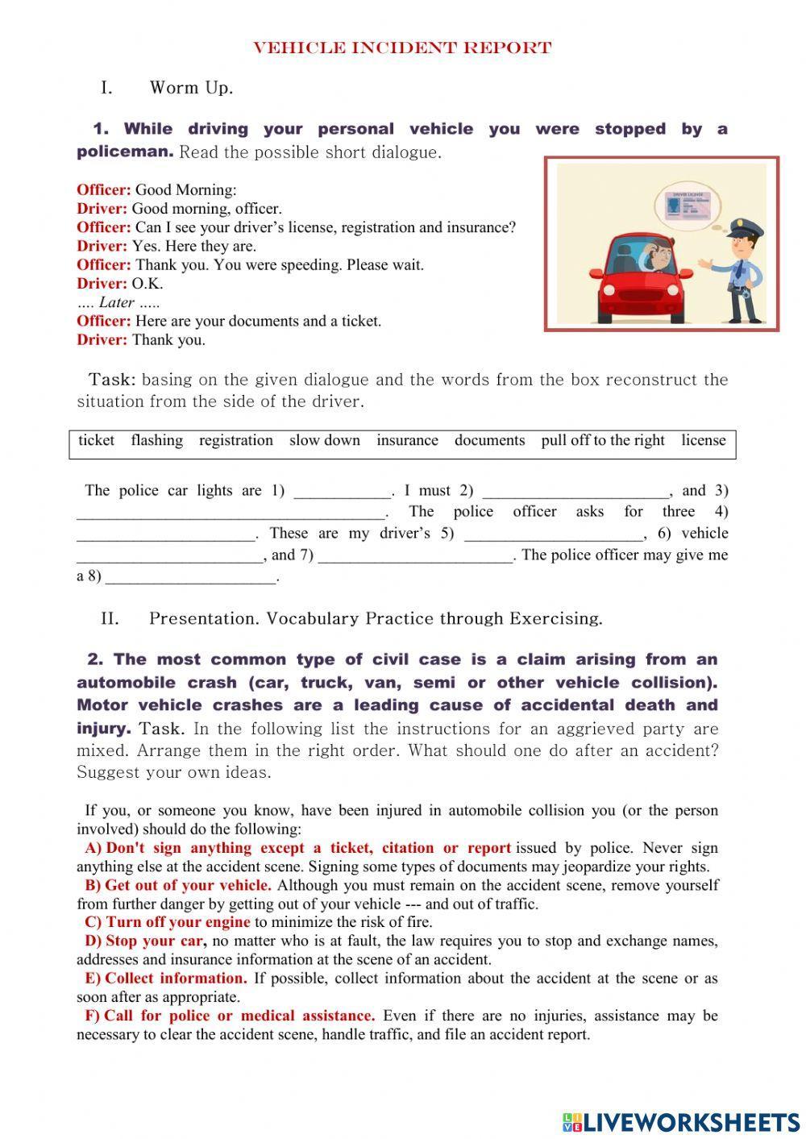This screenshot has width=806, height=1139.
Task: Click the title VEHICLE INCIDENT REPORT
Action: (402, 48)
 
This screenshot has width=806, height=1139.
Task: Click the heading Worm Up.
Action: (191, 88)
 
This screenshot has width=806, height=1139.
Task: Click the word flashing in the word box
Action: (156, 440)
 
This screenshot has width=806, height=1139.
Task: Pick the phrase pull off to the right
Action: (603, 440)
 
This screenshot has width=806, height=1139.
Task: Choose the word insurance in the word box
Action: (407, 440)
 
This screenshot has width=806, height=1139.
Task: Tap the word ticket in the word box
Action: (96, 440)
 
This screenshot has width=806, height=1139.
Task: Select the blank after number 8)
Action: (191, 578)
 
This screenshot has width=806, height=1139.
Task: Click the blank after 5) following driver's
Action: (554, 534)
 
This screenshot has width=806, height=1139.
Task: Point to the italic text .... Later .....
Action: (118, 302)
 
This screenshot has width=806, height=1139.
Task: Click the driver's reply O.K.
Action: (147, 284)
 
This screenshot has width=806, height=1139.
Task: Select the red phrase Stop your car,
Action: (156, 941)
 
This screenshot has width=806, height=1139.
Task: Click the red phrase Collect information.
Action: (176, 979)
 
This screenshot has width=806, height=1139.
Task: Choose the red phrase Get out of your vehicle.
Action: (187, 885)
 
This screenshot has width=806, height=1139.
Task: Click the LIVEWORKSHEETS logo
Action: (681, 1121)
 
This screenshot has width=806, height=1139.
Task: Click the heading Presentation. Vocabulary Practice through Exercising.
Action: (376, 619)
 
